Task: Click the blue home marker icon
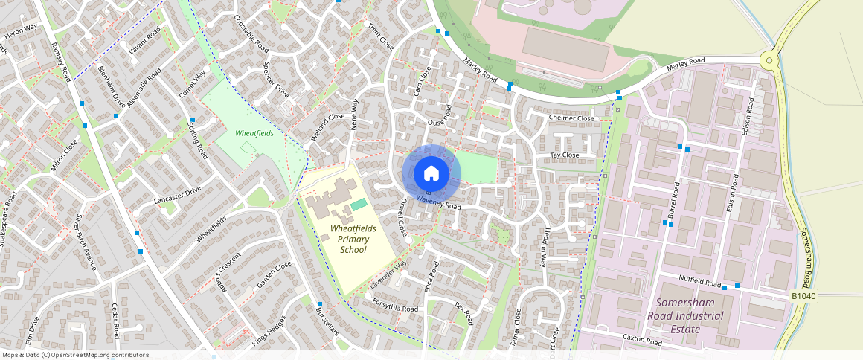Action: [x=431, y=174]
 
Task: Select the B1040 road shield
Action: [x=803, y=297]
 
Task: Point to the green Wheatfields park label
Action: [x=254, y=133]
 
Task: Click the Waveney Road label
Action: [x=439, y=202]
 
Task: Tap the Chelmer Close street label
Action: [x=571, y=118]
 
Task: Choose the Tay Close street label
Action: [x=564, y=155]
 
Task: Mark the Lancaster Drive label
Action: [x=177, y=195]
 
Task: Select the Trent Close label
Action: [x=380, y=36]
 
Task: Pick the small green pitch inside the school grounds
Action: [x=359, y=204]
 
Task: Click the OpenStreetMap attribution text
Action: [x=75, y=355]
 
